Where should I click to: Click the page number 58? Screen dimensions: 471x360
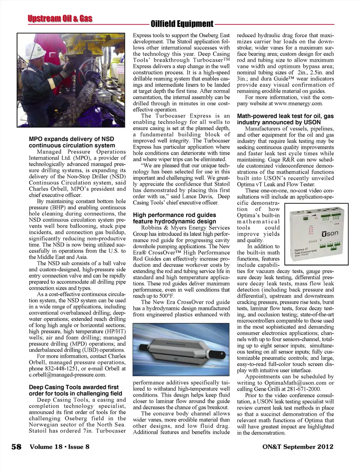[x=16, y=447]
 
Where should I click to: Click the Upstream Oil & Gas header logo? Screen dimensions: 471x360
[x=60, y=19]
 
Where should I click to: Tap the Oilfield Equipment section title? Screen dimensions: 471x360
[x=182, y=24]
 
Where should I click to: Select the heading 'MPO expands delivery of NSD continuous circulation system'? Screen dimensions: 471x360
[x=72, y=142]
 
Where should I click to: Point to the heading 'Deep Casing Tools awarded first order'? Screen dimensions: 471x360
[x=75, y=390]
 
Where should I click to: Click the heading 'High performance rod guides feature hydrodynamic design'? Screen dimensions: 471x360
[x=174, y=218]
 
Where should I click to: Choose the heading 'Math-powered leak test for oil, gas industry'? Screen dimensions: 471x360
[x=285, y=119]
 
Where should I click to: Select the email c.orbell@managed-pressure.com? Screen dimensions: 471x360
[x=67, y=375]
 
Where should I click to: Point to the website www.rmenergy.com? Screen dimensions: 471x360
[x=298, y=103]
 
